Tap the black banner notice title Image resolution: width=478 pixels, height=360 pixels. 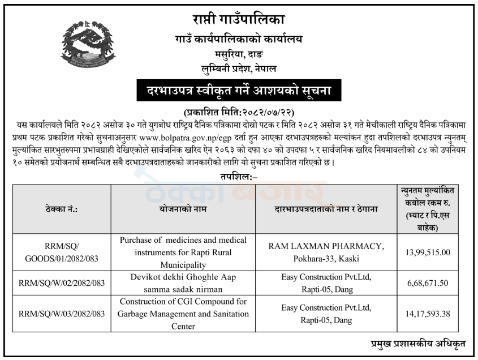(238, 89)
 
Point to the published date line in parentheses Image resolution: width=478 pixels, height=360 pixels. (238, 111)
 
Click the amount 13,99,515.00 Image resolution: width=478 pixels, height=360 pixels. (428, 252)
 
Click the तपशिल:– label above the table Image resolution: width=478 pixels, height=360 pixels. (238, 177)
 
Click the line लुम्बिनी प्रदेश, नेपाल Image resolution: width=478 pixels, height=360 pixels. (238, 68)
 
